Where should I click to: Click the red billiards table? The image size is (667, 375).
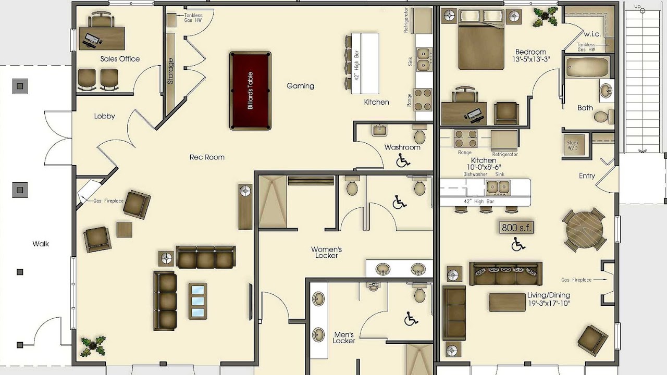[250, 91]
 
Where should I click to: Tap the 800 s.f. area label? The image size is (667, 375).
[516, 228]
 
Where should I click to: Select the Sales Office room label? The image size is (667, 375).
[120, 59]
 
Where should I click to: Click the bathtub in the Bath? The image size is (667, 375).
[584, 68]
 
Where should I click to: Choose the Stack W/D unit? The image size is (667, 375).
[573, 145]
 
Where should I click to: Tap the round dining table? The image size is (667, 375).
[584, 230]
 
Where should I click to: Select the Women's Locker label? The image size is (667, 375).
[326, 252]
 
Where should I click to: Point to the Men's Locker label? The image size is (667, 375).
[344, 338]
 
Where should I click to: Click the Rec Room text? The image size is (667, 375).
[207, 157]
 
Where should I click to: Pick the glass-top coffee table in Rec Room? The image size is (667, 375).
[197, 301]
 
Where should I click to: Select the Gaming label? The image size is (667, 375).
[300, 86]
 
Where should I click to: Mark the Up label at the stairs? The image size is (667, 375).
[637, 7]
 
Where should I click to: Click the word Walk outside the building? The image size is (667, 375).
[41, 244]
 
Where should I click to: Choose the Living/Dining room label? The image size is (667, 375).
[549, 295]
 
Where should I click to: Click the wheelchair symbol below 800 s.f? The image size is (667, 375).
[518, 244]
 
